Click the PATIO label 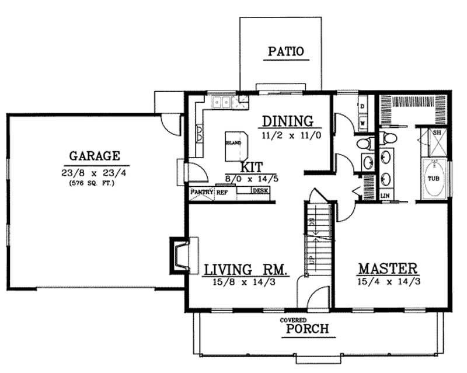tap(286, 51)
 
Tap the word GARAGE tap(95, 156)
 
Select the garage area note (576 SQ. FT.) tap(95, 183)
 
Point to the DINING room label tap(287, 121)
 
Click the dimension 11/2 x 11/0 tap(287, 135)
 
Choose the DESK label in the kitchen tap(260, 190)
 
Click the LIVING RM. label tap(245, 270)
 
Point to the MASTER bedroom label tap(388, 269)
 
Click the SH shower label tap(437, 133)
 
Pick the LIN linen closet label tap(385, 196)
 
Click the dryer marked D tap(362, 107)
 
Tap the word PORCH tap(306, 329)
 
